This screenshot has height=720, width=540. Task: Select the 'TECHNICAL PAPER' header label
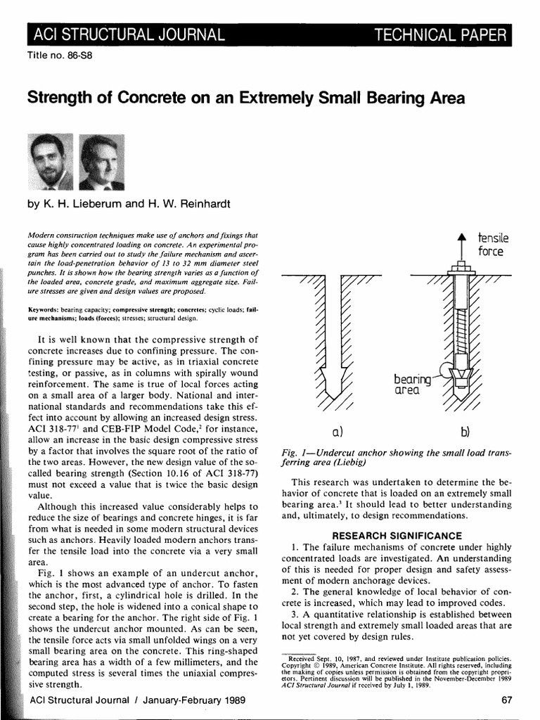[439, 34]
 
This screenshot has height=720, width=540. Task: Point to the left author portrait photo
[49, 162]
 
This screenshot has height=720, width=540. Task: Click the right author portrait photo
[101, 162]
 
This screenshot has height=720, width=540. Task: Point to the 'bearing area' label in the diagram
[411, 385]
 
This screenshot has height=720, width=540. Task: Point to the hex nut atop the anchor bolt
[461, 266]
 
